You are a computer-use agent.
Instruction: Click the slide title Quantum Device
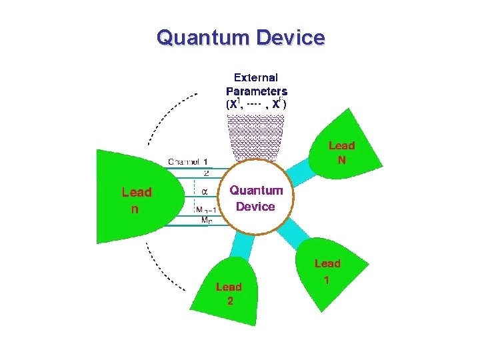241,37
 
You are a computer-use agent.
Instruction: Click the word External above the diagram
257,78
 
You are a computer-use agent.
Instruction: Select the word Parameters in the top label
257,91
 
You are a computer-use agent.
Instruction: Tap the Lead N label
341,152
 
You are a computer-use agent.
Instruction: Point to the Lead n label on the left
136,199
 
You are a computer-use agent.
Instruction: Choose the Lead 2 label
229,293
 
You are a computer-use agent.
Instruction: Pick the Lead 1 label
327,271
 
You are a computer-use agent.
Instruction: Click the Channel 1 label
187,161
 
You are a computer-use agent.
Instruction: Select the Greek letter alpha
205,191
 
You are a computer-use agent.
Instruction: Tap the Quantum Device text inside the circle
256,198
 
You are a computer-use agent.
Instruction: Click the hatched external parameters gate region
257,137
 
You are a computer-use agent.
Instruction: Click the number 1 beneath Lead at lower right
325,280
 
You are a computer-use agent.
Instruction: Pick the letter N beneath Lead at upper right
341,160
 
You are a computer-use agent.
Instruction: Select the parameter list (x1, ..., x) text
257,104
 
